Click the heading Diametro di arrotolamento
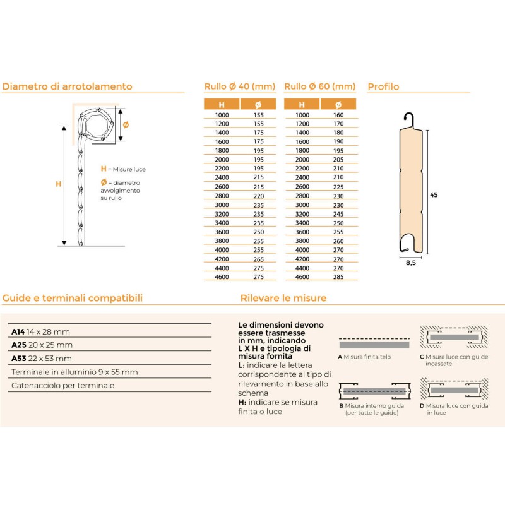68,86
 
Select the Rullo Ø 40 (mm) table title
240,86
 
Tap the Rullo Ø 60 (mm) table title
320,86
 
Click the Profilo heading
383,86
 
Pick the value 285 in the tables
338,276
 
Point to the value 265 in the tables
258,259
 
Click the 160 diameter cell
338,116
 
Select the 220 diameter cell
258,196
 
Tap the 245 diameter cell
338,214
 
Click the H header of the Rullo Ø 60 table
302,104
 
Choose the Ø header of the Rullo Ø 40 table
258,104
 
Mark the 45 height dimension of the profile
434,195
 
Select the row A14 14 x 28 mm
41,331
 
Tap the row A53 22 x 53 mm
41,359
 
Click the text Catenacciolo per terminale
63,385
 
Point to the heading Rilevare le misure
283,298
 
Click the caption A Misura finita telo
365,357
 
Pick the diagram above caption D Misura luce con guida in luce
454,390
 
